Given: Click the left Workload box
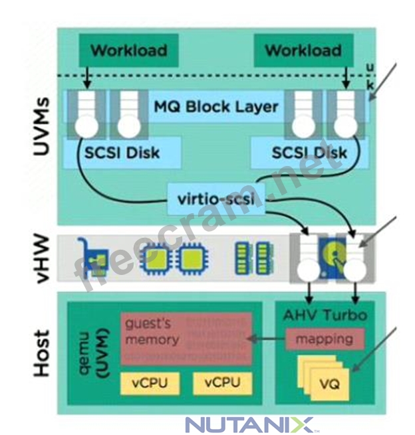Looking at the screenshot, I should point(129,50).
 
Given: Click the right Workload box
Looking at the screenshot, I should point(303,50).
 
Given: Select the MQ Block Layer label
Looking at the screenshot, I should point(216,106).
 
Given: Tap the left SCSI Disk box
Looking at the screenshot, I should point(122,152).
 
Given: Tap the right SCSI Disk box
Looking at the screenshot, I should point(309,152).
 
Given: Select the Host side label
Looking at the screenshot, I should point(41,352).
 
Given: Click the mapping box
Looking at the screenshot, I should point(325,339).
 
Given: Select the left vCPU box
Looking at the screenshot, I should point(144,383).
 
